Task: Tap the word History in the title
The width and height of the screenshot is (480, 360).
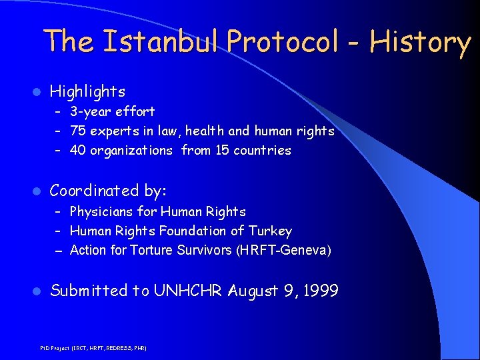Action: tap(421, 41)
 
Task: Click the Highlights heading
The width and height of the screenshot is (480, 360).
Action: tap(87, 91)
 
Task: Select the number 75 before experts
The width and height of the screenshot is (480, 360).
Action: tap(77, 131)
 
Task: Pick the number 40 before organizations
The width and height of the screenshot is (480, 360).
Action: tap(77, 150)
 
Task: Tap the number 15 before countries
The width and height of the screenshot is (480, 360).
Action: tap(222, 150)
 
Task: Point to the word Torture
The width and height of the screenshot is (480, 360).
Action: tap(152, 250)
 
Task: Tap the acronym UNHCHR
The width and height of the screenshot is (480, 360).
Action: tap(189, 291)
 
